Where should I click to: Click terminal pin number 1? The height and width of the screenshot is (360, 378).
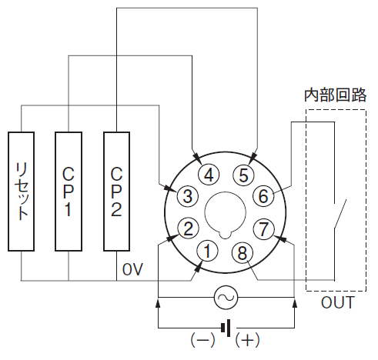207,251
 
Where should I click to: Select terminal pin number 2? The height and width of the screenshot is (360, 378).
188,228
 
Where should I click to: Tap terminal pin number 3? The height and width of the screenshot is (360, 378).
188,196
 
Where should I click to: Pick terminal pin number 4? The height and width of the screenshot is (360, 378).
209,175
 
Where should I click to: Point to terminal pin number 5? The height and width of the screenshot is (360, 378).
243,175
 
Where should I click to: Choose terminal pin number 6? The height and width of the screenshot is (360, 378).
263,196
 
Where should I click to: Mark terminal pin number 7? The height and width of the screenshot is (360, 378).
263,229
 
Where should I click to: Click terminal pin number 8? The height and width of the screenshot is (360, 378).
243,252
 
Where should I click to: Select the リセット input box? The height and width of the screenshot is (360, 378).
21,192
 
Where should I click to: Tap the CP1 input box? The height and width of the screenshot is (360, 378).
69,192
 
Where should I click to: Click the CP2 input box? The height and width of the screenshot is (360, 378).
116,192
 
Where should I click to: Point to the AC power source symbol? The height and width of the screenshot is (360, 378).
226,298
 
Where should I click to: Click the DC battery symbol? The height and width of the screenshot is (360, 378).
226,328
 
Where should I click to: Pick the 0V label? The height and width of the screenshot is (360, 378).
132,269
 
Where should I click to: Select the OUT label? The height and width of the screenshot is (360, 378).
338,302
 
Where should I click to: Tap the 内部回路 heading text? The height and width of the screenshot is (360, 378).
335,95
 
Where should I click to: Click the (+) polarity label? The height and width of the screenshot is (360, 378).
247,340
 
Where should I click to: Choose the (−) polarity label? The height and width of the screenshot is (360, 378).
202,340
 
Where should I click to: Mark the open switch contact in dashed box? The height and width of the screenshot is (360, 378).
340,215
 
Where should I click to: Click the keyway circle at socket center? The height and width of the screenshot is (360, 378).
226,213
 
